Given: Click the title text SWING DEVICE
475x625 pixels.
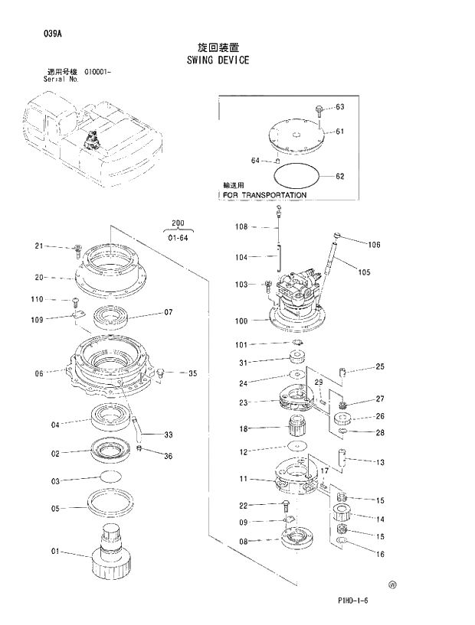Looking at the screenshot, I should pos(218,59).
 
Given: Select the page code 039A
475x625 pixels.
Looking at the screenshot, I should pos(34,34).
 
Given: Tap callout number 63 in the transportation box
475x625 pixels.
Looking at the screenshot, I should pos(339,107).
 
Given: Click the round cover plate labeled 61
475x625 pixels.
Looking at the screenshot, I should pos(296,137).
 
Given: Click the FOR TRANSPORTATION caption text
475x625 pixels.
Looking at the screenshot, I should pos(264,195).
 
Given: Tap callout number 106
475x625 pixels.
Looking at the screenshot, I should pos(374,245).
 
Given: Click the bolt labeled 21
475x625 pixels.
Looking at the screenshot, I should pos(77,249).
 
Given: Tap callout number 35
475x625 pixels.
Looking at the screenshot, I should pos(192,374).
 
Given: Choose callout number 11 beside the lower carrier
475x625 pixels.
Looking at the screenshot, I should pos(243,479).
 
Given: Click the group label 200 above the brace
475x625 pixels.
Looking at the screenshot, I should pos(179,223).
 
